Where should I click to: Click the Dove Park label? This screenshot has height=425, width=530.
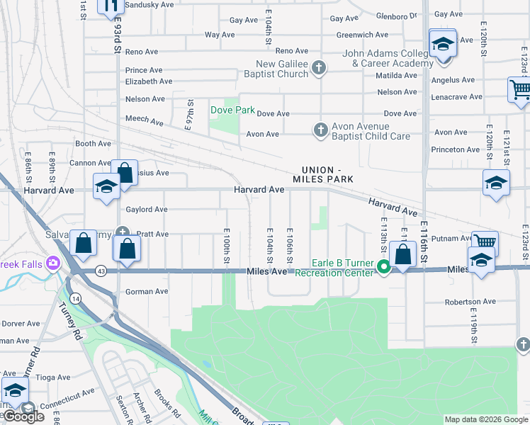point(232,110)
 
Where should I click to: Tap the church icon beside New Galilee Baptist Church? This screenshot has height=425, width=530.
point(319,68)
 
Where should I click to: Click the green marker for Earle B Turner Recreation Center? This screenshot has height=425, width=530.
point(383,267)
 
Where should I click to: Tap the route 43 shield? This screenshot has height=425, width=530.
point(102,271)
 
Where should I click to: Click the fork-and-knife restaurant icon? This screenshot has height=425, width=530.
point(111,7)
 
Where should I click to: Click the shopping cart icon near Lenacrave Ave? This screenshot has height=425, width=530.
point(519,90)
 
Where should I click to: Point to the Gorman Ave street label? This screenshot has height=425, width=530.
point(147,291)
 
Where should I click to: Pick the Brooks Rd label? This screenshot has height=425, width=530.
point(164,404)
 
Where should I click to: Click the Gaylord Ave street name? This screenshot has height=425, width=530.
point(146,210)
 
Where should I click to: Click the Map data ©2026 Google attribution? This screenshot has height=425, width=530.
point(486,419)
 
